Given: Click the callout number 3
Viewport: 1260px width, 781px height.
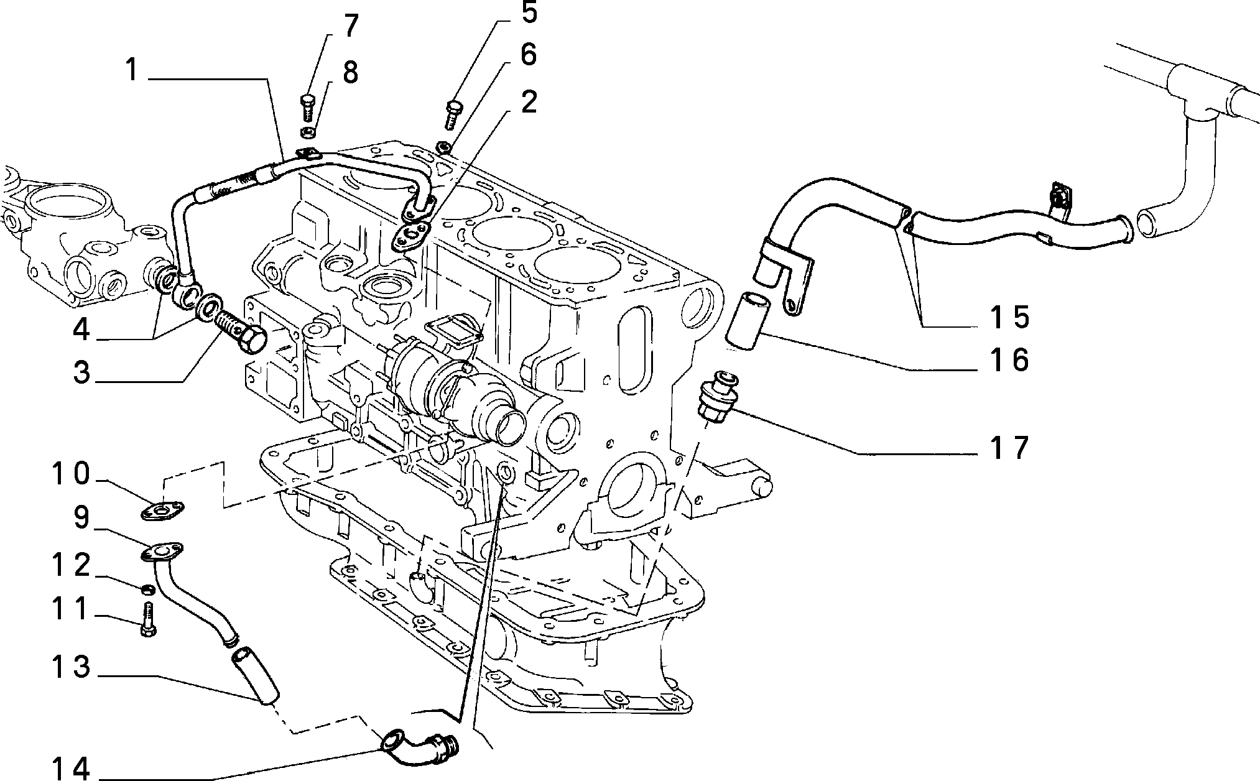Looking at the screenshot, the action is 81,373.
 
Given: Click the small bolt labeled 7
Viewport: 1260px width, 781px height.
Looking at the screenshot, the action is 307,108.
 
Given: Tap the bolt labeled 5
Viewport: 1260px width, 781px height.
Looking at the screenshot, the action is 453,114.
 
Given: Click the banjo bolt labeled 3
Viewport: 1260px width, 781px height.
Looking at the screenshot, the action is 241,333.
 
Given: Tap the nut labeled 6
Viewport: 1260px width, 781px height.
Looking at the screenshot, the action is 444,147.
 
